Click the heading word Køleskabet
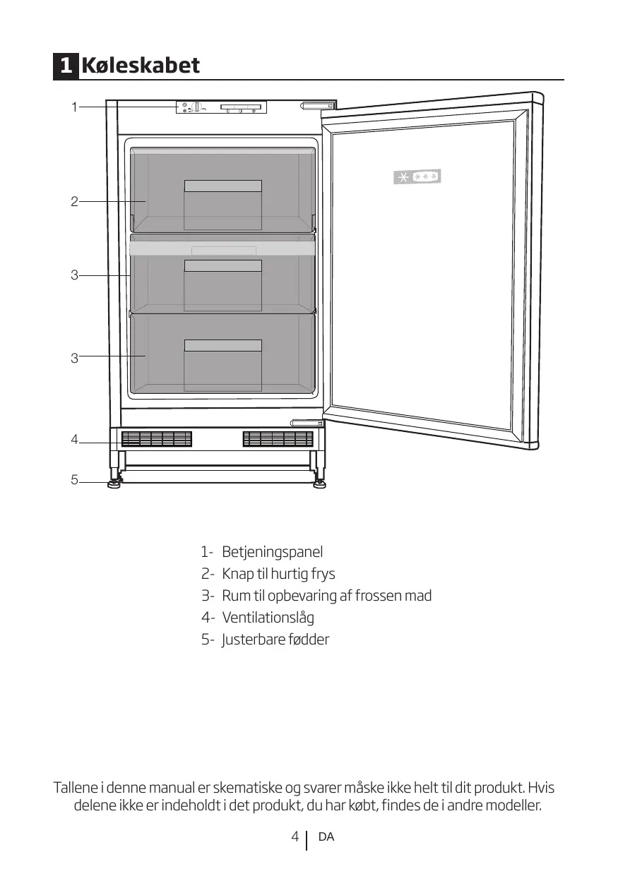(x=141, y=66)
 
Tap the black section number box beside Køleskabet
(x=65, y=66)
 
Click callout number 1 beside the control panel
(x=73, y=107)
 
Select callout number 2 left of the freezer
(x=73, y=202)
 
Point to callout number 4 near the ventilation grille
(x=73, y=440)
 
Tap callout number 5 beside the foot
(x=73, y=481)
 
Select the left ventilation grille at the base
(x=157, y=439)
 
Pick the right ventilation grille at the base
(x=278, y=439)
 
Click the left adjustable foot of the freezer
(x=114, y=484)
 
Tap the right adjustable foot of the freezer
(x=320, y=484)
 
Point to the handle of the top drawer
(x=222, y=186)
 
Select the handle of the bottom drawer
(x=222, y=345)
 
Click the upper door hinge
(x=319, y=106)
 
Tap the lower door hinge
(x=308, y=423)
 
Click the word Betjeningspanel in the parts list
(x=272, y=551)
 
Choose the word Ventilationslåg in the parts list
(x=268, y=618)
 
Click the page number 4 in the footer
(x=295, y=836)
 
